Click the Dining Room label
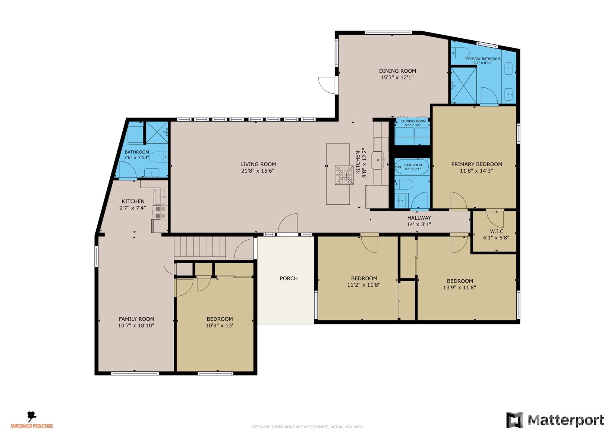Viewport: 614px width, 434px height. pos(397,71)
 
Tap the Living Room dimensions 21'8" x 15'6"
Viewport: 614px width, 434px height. pos(258,171)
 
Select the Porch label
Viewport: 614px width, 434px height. pos(289,279)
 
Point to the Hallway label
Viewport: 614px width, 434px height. pos(419,218)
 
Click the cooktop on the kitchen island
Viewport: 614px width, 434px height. pos(343,175)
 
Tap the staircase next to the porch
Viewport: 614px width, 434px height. pos(200,247)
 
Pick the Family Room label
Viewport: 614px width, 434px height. pos(136,319)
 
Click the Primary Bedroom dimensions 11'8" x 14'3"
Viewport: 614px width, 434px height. pos(476,171)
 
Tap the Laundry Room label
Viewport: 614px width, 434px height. pos(413,122)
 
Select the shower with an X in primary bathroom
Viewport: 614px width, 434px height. pos(464,85)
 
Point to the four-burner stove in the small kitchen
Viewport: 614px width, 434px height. pos(161,212)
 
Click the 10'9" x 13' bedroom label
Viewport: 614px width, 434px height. pos(220,319)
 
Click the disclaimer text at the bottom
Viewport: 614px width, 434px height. pos(307,427)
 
